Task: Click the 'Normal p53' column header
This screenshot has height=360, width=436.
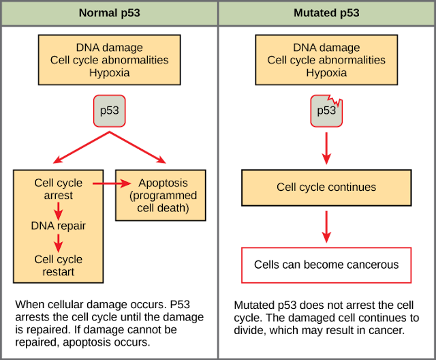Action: (x=109, y=13)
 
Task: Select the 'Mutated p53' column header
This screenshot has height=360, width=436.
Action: (x=326, y=13)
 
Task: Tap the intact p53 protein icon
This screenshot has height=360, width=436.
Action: (x=109, y=111)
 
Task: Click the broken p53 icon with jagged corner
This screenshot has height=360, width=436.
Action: (x=326, y=111)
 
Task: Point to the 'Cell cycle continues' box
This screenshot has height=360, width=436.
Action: (x=326, y=187)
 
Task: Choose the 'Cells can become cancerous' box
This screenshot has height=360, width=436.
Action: (x=326, y=265)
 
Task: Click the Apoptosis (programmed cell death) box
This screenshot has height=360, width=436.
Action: (x=161, y=195)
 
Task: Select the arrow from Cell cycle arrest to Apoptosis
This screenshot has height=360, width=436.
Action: (x=112, y=183)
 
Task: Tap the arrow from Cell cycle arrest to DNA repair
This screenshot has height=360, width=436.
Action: (x=58, y=211)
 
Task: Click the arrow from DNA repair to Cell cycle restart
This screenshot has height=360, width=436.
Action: (x=58, y=243)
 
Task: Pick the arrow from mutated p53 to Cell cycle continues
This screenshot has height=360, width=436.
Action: (x=326, y=148)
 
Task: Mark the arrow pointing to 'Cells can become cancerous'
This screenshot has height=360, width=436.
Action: (x=326, y=227)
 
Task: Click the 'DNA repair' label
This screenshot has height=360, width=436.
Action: (x=58, y=226)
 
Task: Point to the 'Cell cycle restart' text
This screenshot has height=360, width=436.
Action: (x=59, y=265)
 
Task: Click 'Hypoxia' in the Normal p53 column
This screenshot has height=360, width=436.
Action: (x=109, y=73)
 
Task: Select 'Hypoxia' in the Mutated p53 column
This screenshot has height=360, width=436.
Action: (x=326, y=73)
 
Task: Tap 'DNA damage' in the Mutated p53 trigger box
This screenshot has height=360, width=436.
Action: (x=326, y=48)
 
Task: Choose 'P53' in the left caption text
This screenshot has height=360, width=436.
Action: (x=180, y=304)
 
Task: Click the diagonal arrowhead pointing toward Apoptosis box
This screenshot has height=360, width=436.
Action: (x=161, y=160)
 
